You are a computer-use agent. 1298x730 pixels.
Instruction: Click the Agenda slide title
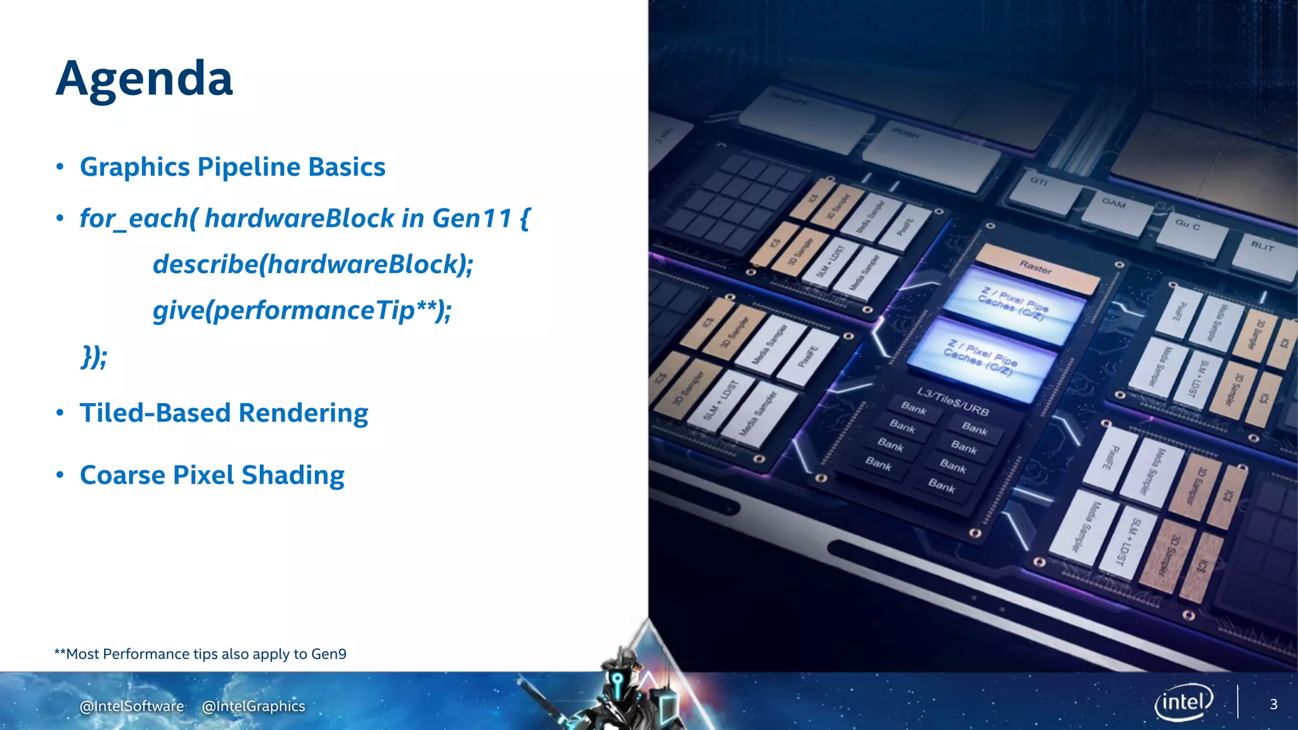tap(145, 79)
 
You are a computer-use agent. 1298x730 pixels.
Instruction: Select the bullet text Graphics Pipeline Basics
tap(232, 167)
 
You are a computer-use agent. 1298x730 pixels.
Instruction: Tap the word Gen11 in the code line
tap(472, 219)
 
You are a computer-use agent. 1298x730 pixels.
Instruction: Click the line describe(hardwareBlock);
tap(312, 264)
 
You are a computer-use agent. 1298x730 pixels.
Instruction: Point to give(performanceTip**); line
tap(302, 311)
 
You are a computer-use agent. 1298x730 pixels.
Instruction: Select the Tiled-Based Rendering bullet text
tap(224, 413)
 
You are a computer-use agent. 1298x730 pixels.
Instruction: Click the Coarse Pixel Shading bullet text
tap(212, 475)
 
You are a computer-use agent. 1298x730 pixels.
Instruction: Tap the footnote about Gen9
tap(200, 654)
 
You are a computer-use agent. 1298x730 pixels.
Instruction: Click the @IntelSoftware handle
tap(132, 706)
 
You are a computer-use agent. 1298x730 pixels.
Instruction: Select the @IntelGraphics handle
tap(254, 706)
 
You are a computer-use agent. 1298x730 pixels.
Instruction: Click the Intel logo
tap(1183, 702)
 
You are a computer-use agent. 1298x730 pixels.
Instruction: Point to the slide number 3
tap(1273, 704)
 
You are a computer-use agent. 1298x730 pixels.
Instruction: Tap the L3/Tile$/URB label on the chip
tap(953, 402)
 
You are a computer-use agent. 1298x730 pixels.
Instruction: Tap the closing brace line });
tap(94, 357)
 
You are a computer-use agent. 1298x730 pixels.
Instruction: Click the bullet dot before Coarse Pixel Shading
tap(60, 475)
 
